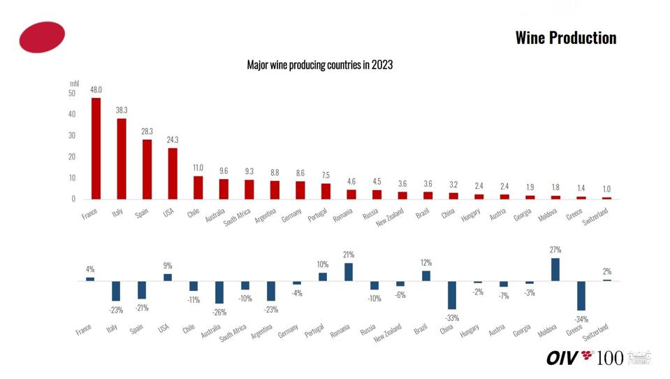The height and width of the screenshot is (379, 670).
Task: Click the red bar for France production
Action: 96,148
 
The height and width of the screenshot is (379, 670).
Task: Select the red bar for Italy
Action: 121,159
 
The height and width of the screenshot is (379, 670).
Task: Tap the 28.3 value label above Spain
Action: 147,131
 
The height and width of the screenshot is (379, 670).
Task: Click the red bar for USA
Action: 172,173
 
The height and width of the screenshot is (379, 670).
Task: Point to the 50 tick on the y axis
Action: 72,93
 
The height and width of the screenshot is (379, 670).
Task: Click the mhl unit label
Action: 74,83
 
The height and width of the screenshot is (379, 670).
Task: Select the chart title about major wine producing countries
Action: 319,65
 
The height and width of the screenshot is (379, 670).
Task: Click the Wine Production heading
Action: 565,38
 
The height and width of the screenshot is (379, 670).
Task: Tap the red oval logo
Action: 42,37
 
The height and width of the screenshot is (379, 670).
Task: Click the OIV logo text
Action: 562,358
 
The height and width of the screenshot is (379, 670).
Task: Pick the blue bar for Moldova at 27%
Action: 555,269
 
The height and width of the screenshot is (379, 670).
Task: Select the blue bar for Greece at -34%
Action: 581,296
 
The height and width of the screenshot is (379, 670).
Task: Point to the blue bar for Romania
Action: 349,272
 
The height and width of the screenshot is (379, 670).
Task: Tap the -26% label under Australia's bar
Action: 219,312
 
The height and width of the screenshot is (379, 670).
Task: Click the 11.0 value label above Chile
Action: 198,168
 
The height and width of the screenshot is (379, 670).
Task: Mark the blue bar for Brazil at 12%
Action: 425,276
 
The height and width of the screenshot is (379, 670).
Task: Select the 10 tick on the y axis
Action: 72,178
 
